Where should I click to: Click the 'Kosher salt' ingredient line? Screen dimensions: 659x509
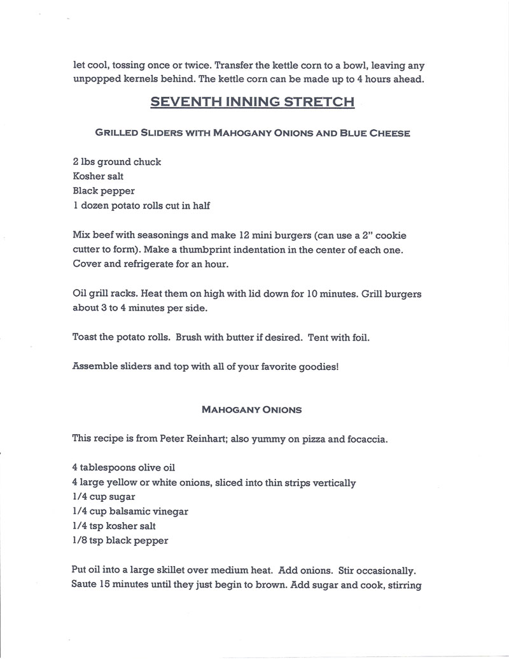click(x=99, y=176)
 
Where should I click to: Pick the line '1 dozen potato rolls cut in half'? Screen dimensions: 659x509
click(x=141, y=206)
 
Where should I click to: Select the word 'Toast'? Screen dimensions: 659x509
click(x=85, y=337)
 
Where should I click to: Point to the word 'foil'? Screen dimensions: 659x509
click(x=359, y=337)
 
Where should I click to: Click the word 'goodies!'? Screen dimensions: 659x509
click(x=317, y=367)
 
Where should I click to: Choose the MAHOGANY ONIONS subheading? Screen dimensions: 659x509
click(x=251, y=409)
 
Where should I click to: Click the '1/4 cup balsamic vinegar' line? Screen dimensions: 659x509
click(x=130, y=511)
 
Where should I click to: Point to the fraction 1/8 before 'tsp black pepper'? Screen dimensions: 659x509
click(x=81, y=541)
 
